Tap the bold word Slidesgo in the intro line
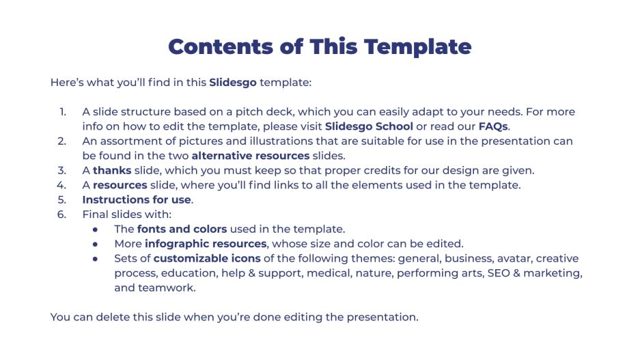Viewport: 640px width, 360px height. (233, 83)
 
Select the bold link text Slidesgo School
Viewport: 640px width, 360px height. (369, 126)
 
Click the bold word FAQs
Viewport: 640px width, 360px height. (493, 126)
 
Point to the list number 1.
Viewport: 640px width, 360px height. (62, 112)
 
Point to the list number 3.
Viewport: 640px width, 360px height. (62, 170)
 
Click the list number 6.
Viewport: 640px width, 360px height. (62, 214)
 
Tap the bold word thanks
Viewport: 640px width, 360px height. (112, 170)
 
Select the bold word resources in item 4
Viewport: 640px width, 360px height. (120, 185)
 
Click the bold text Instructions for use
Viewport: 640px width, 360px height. (137, 200)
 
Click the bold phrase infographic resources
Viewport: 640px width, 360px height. (205, 244)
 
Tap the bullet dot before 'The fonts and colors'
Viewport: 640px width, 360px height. (98, 230)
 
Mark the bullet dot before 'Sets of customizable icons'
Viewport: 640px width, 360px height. (98, 259)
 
